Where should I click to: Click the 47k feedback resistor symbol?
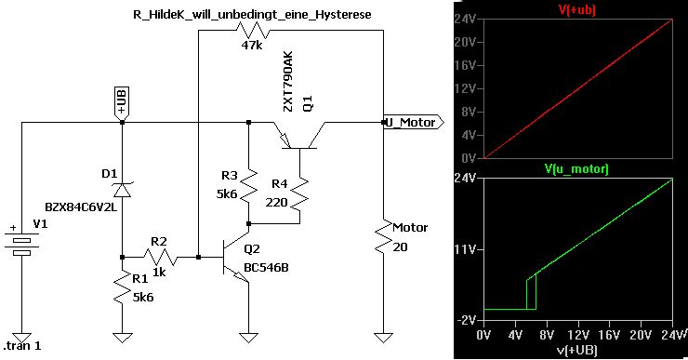(x=253, y=30)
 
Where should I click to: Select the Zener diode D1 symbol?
(x=122, y=189)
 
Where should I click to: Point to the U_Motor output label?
(x=414, y=123)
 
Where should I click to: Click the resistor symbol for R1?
(x=123, y=288)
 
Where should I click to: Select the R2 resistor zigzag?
(x=161, y=257)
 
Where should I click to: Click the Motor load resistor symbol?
(x=383, y=236)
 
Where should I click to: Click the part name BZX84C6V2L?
(x=81, y=207)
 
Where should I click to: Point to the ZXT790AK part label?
(x=287, y=82)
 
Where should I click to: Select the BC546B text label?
(x=266, y=267)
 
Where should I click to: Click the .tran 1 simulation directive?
(x=22, y=346)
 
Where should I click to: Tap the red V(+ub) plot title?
(x=577, y=9)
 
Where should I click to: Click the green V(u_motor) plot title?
(x=576, y=169)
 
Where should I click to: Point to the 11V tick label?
(x=464, y=249)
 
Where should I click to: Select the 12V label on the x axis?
(x=578, y=336)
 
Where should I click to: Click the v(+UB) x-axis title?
(x=577, y=351)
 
